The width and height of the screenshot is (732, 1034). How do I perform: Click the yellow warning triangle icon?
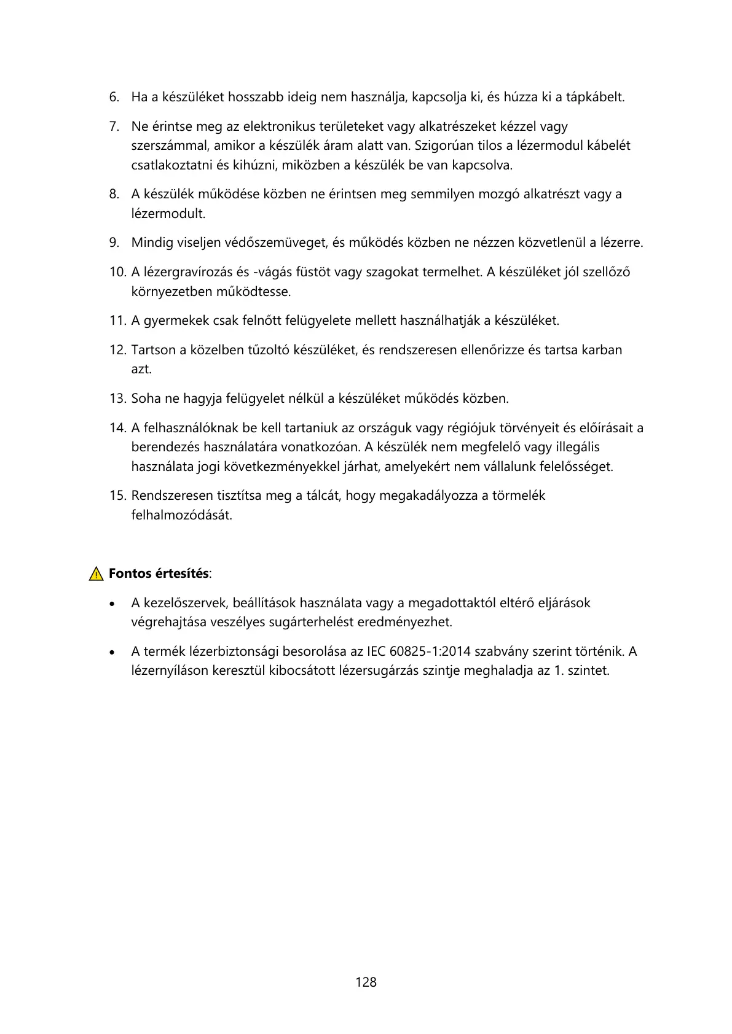click(x=96, y=574)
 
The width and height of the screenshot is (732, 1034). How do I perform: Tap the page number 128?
click(x=366, y=982)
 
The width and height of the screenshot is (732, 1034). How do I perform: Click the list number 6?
click(x=114, y=97)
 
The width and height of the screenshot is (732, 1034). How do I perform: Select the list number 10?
click(x=117, y=272)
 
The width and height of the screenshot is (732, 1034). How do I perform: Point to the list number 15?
click(x=117, y=496)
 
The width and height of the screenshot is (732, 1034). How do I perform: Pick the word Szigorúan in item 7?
click(x=442, y=146)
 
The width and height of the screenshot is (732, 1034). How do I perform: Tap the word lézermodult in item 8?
click(x=168, y=214)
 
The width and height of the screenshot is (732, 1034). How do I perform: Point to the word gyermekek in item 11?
click(x=176, y=321)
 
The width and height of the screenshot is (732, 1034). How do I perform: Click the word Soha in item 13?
click(x=146, y=398)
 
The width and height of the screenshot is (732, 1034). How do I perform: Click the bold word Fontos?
click(x=130, y=573)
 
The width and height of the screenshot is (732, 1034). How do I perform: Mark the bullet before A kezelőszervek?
click(x=112, y=604)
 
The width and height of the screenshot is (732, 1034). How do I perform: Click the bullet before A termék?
click(x=112, y=652)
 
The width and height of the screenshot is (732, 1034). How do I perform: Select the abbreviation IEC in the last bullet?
click(x=376, y=651)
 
